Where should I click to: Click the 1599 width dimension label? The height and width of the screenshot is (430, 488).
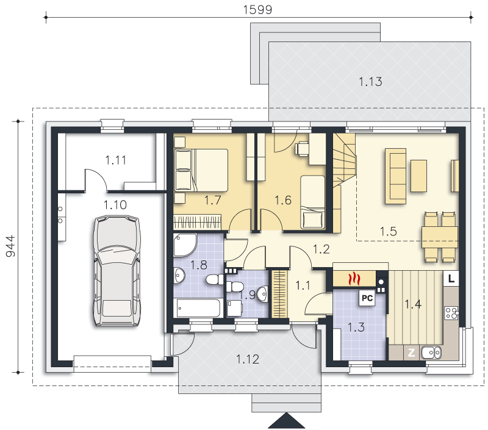tap(257, 10)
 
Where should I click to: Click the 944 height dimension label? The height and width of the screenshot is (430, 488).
tap(10, 246)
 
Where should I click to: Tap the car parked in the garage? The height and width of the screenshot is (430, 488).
tap(117, 271)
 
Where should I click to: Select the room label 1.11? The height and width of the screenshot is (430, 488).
tap(115, 160)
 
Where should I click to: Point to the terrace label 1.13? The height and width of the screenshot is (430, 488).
tap(370, 82)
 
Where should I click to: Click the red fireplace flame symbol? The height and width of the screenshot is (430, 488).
tap(354, 279)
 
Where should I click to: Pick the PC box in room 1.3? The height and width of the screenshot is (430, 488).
tap(367, 298)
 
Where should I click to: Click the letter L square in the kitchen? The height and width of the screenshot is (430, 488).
tap(451, 279)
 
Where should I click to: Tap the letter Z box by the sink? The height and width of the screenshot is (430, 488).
tap(411, 353)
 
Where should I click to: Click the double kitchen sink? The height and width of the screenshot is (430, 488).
tap(431, 353)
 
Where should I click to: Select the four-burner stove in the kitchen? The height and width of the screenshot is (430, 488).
tap(451, 313)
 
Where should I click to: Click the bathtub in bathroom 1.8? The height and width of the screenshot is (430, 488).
tap(198, 308)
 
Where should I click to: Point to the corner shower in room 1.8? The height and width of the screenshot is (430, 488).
tap(185, 245)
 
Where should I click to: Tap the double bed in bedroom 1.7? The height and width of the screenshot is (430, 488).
tap(201, 170)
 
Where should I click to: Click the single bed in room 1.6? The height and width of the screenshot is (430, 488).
tap(312, 202)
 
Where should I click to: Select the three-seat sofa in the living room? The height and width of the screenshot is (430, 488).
tap(395, 176)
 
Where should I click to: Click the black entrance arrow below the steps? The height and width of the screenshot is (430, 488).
tap(286, 421)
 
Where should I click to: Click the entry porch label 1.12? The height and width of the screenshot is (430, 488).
tap(248, 359)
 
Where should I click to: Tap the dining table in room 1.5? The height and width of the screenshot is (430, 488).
tap(439, 237)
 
